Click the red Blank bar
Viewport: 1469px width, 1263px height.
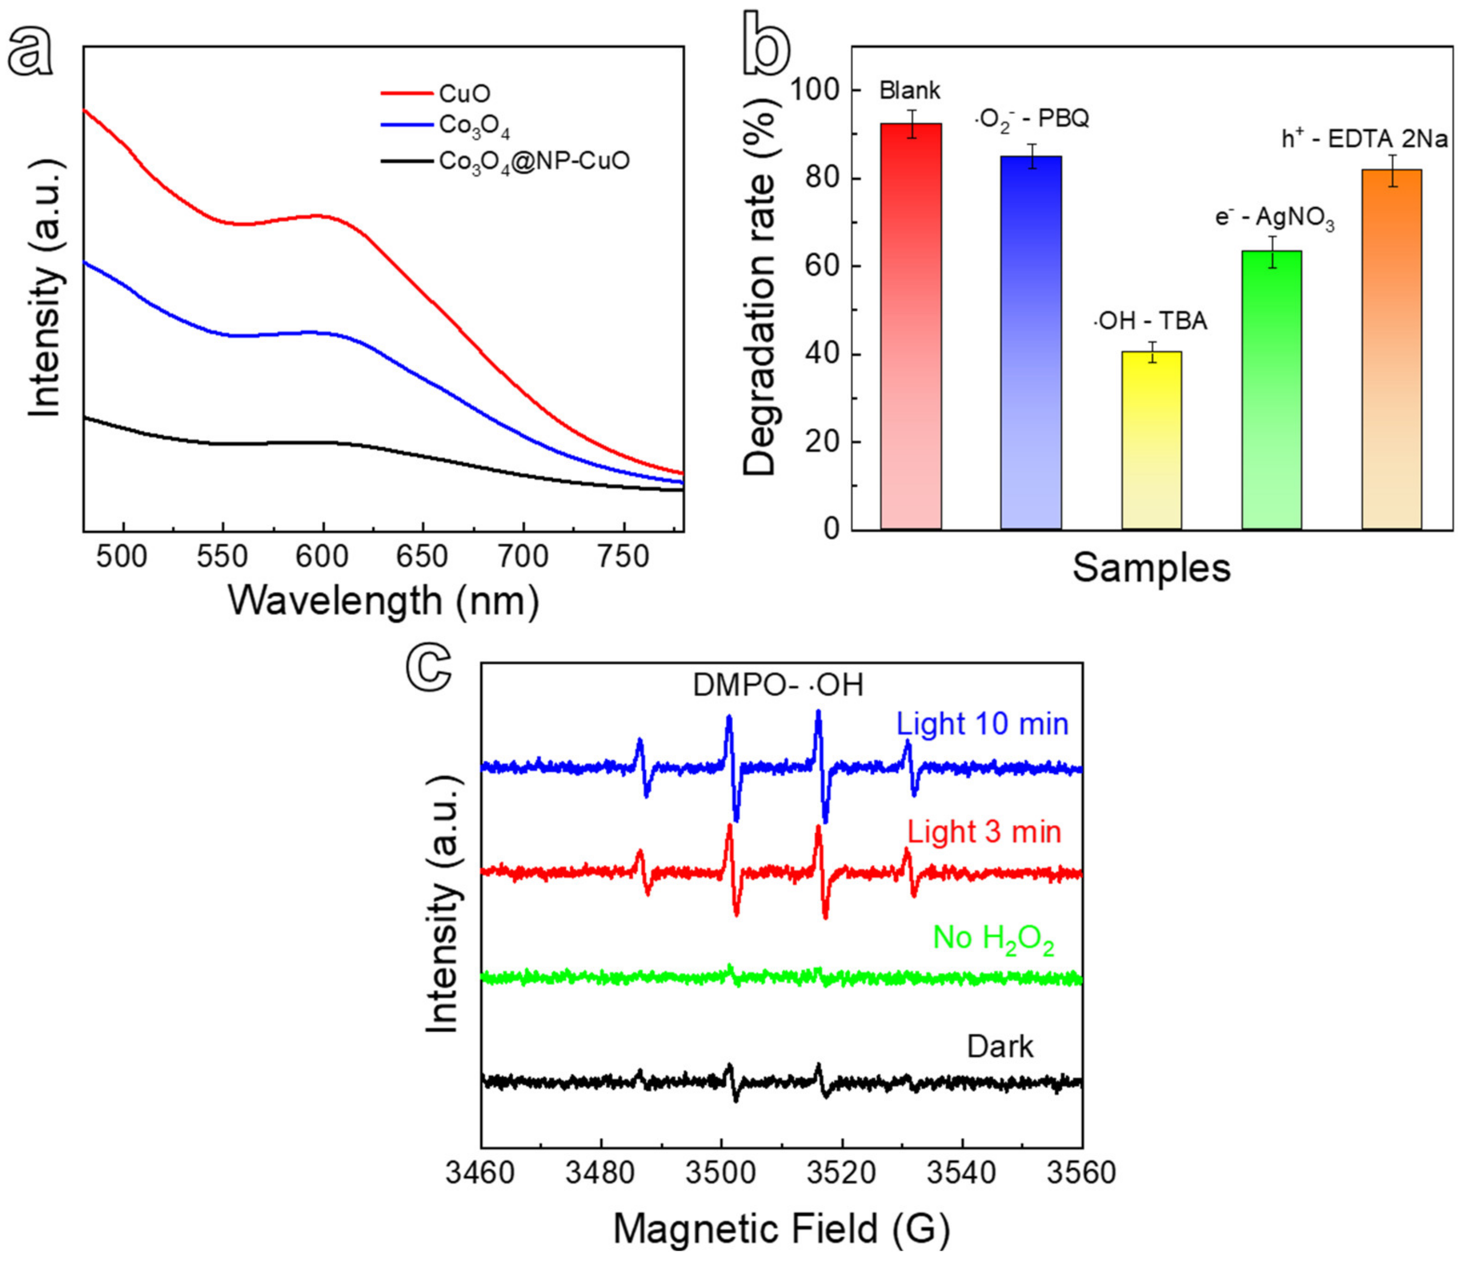(x=911, y=326)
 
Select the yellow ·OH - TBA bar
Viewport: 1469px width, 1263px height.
(x=1152, y=440)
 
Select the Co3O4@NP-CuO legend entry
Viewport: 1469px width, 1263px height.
(x=533, y=162)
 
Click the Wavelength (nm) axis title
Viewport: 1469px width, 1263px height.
(x=384, y=601)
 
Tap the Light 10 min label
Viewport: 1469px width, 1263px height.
(x=982, y=724)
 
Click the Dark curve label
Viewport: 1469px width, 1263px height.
(x=1000, y=1046)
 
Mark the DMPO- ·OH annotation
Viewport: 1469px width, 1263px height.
(x=778, y=686)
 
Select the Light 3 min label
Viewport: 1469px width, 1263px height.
(x=984, y=831)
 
